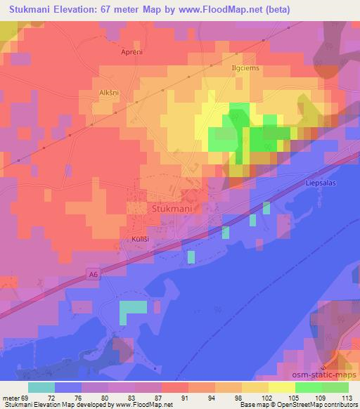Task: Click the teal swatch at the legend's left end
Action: [x=41, y=387]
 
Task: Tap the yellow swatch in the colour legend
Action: [x=282, y=387]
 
